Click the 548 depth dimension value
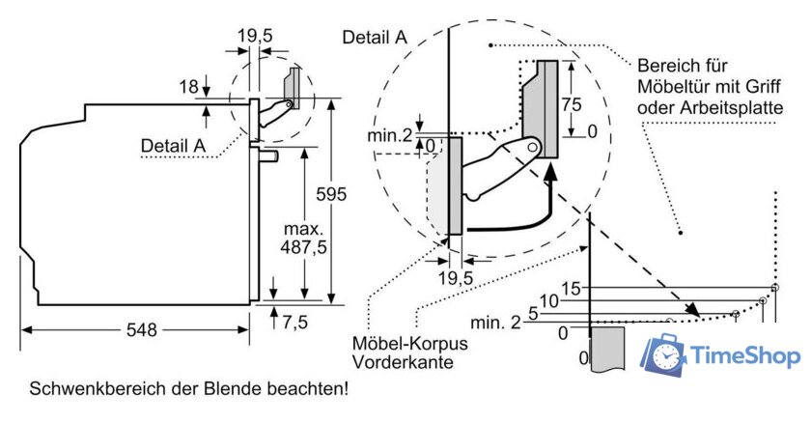(141, 329)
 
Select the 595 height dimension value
(331, 193)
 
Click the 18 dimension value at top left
(188, 87)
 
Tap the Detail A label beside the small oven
(174, 146)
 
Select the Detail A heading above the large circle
(375, 38)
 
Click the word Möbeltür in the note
(674, 88)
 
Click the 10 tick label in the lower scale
(549, 301)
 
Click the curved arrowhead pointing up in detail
(551, 172)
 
